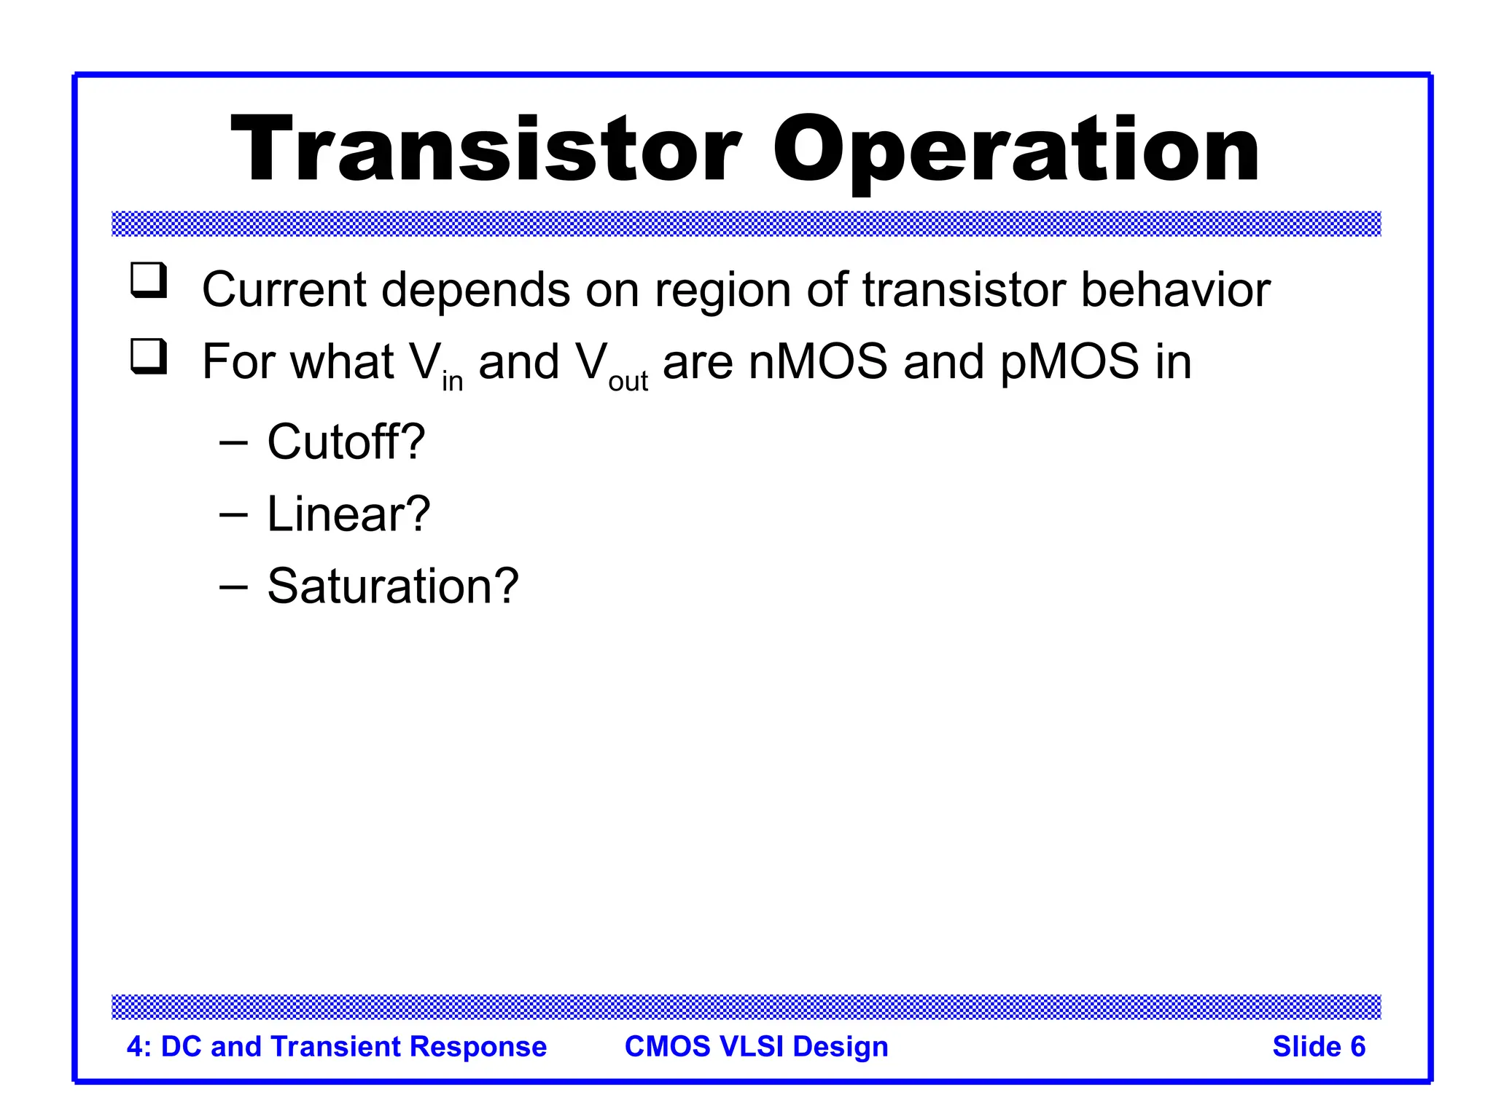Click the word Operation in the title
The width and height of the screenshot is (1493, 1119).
point(1016,151)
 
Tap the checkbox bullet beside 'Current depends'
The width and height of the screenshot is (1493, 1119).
point(149,280)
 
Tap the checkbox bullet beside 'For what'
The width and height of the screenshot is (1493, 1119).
point(149,357)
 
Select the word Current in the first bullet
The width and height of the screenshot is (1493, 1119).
point(284,290)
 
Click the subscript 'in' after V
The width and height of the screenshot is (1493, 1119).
point(453,381)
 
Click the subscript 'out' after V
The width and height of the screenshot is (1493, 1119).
point(628,381)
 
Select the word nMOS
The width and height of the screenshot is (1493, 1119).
point(818,362)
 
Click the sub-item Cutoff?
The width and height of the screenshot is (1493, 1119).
point(346,441)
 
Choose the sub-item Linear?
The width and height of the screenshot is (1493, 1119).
point(348,514)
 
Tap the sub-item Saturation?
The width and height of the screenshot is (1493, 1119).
point(392,586)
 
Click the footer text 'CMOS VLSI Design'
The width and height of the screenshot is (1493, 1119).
point(756,1047)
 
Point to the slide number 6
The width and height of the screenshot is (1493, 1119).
point(1357,1047)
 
